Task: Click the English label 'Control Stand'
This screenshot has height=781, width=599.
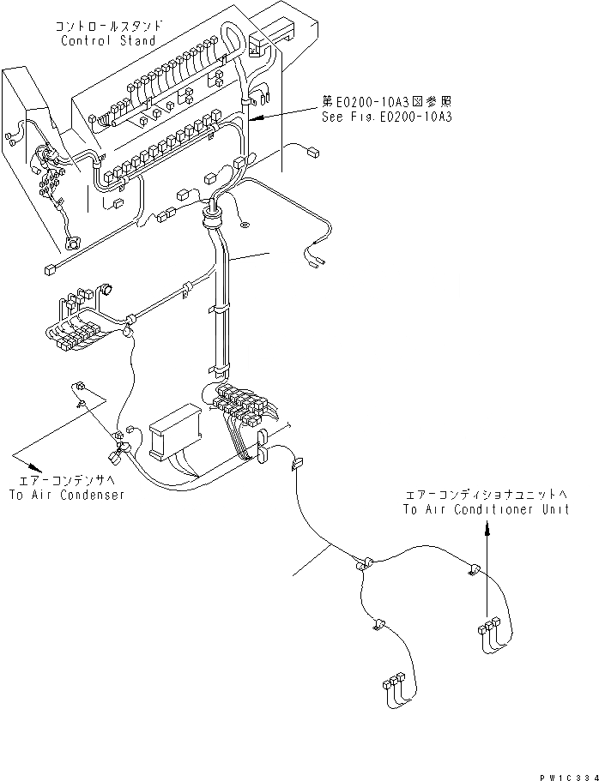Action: pos(108,40)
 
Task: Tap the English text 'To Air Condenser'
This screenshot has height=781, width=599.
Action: pos(69,495)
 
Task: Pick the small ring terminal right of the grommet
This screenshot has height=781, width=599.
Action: pos(245,226)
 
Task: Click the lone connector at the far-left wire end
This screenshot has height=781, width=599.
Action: pos(47,272)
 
